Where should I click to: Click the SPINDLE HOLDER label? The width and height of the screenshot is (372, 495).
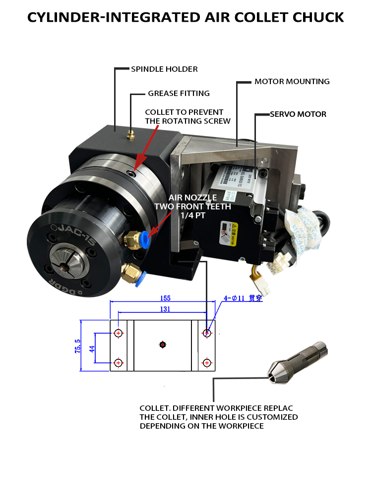[x=164, y=69]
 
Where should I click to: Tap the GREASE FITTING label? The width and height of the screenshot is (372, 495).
[x=179, y=93]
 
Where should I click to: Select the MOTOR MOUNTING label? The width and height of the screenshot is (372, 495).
[x=292, y=81]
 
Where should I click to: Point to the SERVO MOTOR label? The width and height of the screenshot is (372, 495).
[x=298, y=114]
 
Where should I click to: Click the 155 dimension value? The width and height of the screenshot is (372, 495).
[x=165, y=298]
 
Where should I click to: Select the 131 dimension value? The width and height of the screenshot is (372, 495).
[x=165, y=309]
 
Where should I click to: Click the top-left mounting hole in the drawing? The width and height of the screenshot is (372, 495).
[x=118, y=333]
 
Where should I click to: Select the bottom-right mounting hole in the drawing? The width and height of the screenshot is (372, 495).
[x=207, y=363]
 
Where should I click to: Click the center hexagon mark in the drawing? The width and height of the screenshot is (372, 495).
[x=163, y=345]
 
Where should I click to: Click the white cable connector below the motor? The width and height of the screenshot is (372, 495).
[x=275, y=267]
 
